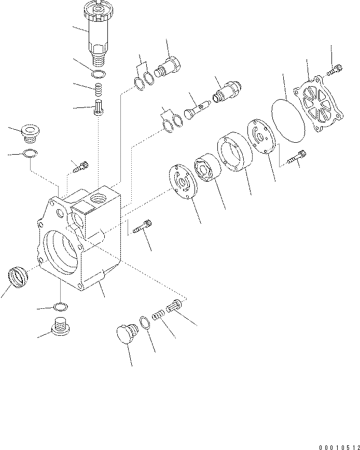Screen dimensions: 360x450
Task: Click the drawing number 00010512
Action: click(339, 447)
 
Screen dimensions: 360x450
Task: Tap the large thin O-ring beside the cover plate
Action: click(288, 120)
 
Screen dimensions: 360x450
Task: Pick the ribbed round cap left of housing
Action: click(18, 277)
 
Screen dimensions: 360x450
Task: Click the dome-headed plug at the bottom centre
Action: click(127, 334)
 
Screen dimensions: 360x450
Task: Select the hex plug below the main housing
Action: click(61, 326)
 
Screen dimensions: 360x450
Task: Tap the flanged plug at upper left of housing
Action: click(30, 133)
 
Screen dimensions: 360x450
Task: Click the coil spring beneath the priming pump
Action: click(99, 90)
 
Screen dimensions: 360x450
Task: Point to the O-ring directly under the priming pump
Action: click(99, 74)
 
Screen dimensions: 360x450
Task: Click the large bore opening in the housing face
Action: click(61, 251)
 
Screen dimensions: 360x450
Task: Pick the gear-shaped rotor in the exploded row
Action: click(207, 168)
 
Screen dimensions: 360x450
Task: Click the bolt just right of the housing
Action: click(142, 226)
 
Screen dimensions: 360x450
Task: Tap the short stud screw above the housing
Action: click(81, 167)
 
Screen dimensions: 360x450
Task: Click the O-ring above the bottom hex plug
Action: click(61, 307)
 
